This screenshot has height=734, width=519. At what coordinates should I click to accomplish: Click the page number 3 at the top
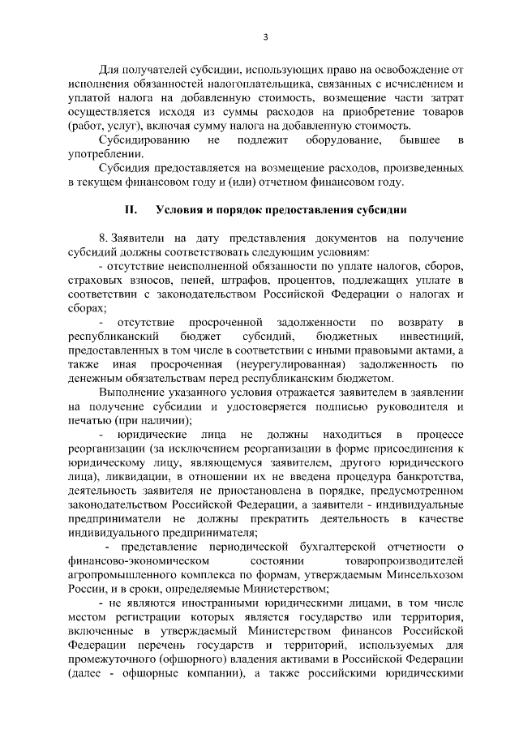(265, 36)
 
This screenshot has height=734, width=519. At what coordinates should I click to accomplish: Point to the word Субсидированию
(142, 141)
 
